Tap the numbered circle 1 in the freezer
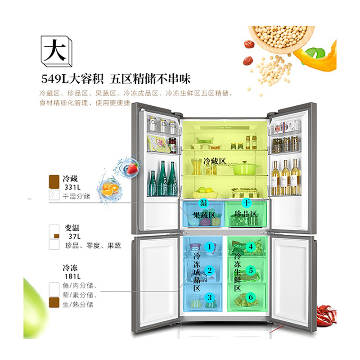click(x=209, y=247)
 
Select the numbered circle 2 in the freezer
click(x=209, y=270)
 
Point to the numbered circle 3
click(x=209, y=297)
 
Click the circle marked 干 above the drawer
click(x=246, y=203)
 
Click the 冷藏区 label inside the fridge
click(x=213, y=161)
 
